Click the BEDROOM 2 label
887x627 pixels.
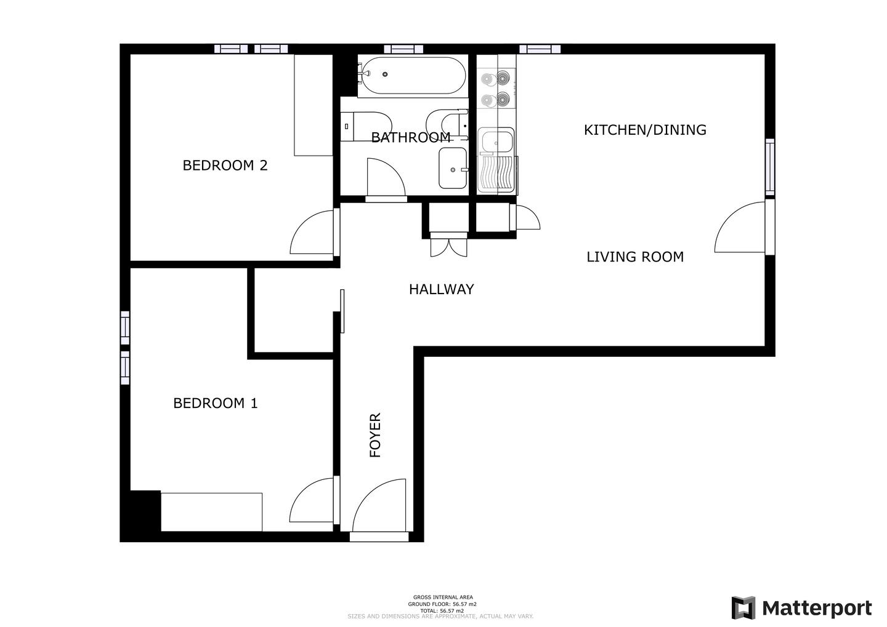click(225, 166)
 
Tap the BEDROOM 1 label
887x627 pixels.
click(216, 403)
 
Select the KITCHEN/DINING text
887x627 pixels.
click(645, 130)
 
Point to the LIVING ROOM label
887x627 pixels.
click(635, 257)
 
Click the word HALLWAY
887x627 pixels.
click(441, 289)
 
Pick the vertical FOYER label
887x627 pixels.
click(375, 435)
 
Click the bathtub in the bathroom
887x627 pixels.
click(413, 76)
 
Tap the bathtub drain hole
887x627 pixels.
click(385, 74)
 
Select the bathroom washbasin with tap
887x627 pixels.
click(453, 168)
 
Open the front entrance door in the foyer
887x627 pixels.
click(379, 509)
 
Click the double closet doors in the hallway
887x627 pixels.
click(448, 244)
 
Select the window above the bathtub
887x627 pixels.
click(403, 49)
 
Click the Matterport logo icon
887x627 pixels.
click(743, 607)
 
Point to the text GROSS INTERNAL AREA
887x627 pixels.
click(443, 597)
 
